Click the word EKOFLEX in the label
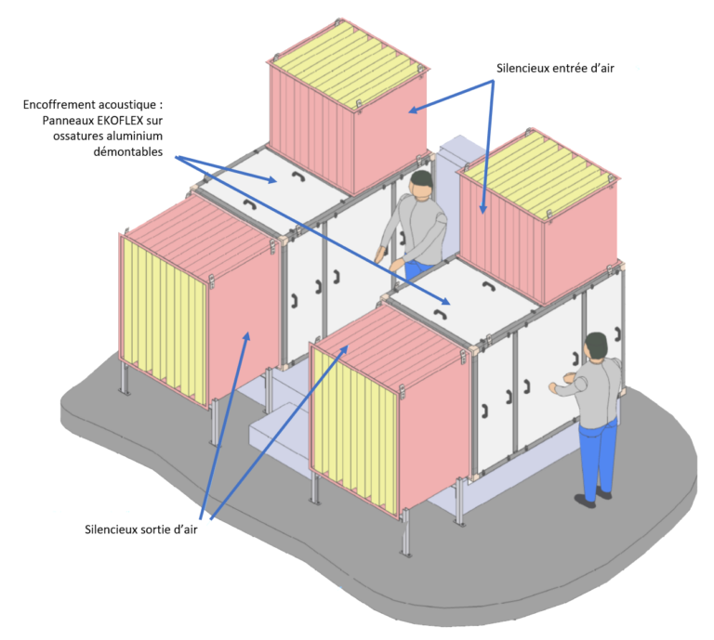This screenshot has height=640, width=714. [120, 121]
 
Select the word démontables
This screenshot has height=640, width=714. [128, 151]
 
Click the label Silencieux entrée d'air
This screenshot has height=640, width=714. [555, 68]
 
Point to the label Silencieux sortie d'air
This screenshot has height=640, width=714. [140, 529]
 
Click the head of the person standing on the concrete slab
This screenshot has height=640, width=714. [597, 346]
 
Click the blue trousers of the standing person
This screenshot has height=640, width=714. [598, 457]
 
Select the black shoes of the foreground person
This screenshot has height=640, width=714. [593, 497]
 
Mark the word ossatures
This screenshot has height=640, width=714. [78, 136]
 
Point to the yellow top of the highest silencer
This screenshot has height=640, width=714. [349, 65]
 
